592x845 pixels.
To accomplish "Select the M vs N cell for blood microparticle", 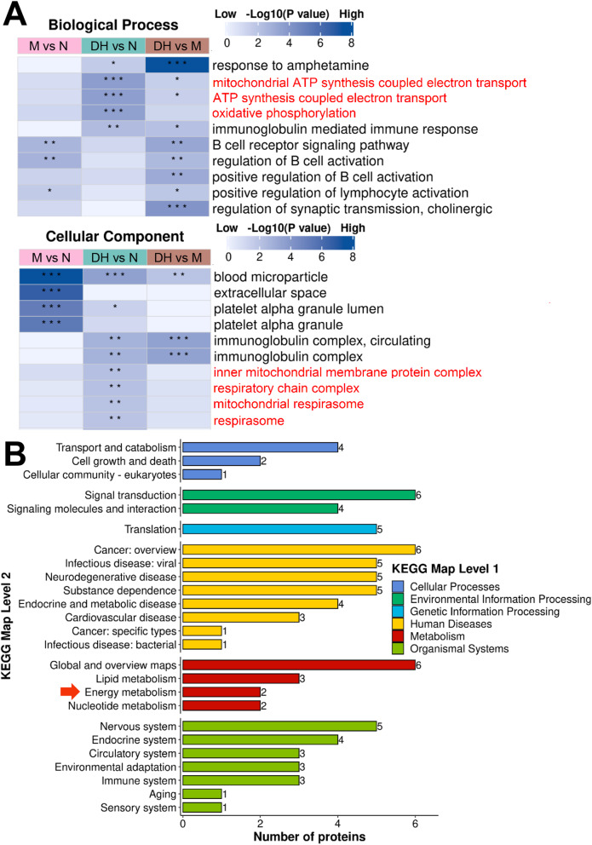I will pos(49,276).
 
